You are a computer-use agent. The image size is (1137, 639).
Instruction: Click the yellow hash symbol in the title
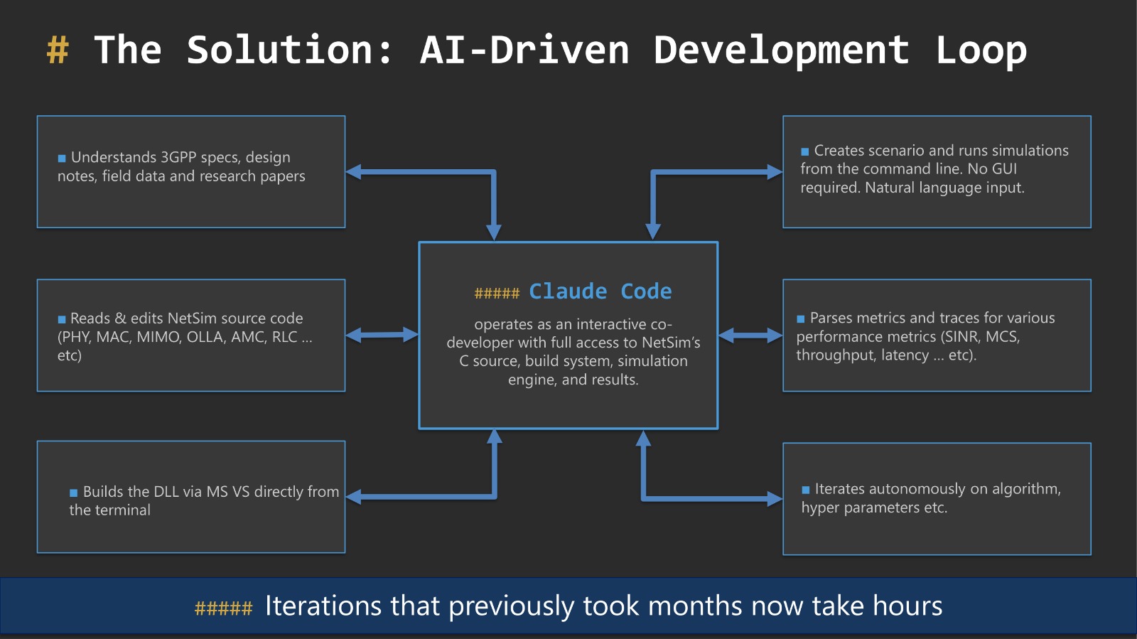point(58,50)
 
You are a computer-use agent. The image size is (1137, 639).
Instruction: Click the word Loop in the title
point(981,50)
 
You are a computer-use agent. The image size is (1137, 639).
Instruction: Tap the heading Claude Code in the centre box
point(600,291)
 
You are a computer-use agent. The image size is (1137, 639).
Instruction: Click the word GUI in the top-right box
point(1004,169)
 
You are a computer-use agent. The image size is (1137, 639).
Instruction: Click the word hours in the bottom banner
point(907,606)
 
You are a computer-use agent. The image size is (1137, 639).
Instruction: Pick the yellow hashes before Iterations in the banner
point(224,608)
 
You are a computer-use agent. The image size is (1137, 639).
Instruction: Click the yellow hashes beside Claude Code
point(497,294)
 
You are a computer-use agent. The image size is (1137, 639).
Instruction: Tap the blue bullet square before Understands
point(62,159)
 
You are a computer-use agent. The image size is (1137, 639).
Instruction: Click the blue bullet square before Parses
point(801,319)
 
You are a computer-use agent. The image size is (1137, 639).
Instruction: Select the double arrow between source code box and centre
point(382,335)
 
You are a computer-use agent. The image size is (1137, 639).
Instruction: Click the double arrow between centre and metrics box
point(750,335)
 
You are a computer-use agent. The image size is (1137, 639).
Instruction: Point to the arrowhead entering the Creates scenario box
point(775,172)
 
